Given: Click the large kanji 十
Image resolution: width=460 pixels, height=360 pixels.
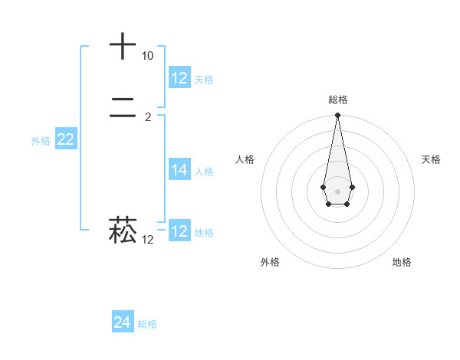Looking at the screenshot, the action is click(123, 46).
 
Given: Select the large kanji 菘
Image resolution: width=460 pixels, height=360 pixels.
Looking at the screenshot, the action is click(123, 229).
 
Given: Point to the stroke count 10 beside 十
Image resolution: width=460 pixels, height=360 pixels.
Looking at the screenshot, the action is click(147, 56).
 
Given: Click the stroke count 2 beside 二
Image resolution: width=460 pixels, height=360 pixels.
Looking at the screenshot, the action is click(148, 117).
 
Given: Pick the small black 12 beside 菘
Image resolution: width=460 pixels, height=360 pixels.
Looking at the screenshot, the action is click(147, 240).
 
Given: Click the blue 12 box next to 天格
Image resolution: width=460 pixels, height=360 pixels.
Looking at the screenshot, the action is click(179, 77).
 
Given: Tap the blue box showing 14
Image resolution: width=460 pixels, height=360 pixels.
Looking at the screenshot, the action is click(179, 170).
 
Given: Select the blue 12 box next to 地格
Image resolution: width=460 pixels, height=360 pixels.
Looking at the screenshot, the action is click(179, 231).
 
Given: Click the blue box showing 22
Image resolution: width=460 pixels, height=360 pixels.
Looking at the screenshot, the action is click(65, 139).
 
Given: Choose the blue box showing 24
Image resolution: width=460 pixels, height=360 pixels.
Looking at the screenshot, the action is click(123, 322).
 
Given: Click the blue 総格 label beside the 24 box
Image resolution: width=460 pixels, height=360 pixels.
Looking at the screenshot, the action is click(147, 324).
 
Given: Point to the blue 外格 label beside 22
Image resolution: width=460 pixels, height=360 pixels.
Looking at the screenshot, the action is click(41, 141).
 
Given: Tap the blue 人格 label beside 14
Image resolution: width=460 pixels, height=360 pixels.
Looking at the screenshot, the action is click(205, 172).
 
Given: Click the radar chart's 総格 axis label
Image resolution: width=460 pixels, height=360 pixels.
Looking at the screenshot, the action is click(337, 100).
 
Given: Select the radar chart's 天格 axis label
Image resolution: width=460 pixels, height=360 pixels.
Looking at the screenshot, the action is click(431, 159).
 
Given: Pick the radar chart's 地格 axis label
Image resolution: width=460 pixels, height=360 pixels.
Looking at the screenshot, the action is click(402, 262).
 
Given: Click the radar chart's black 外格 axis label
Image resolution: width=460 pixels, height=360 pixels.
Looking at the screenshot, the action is click(270, 262).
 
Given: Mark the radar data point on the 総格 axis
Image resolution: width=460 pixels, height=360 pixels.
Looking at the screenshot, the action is click(337, 116).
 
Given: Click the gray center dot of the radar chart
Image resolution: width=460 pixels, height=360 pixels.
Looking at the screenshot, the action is click(337, 191).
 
